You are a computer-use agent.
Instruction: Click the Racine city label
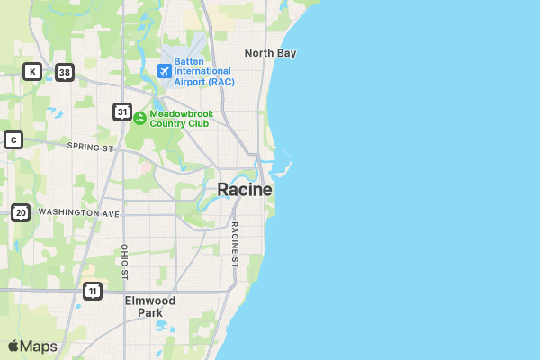point(244,190)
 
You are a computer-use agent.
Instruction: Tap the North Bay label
point(270,53)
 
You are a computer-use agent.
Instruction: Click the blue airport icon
point(165,70)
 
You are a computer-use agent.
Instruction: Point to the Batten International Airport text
point(202,70)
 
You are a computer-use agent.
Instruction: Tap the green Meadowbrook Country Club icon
point(139,118)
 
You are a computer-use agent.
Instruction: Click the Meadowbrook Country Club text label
point(180,118)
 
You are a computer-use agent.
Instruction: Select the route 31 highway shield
point(122,112)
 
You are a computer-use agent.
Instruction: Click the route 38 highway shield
point(63,72)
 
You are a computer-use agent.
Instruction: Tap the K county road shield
point(32,71)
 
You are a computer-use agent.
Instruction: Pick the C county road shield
point(13,139)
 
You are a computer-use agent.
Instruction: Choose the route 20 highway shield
point(21,213)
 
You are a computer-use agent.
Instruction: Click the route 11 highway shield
point(92,291)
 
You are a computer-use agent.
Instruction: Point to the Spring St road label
point(91,146)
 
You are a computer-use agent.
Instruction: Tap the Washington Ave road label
point(79,213)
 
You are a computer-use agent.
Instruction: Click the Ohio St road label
point(125,261)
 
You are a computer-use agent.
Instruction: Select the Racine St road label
point(234,245)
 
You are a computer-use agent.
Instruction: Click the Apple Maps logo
point(32,346)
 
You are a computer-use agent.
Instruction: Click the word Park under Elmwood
point(150,313)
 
